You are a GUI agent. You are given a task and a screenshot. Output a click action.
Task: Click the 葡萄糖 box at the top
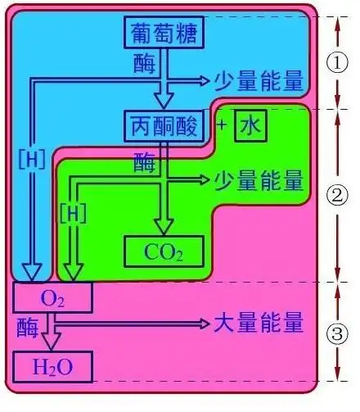pos(165,33)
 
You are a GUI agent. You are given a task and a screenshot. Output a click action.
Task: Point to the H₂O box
pos(52,369)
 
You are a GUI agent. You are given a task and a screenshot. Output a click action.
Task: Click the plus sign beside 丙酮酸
pos(221,125)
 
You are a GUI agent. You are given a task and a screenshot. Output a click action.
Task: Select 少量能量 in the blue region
pos(259,80)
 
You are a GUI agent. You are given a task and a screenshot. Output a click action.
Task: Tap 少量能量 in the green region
pos(259,178)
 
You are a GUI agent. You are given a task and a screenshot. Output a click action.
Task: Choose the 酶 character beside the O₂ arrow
pos(26,326)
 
